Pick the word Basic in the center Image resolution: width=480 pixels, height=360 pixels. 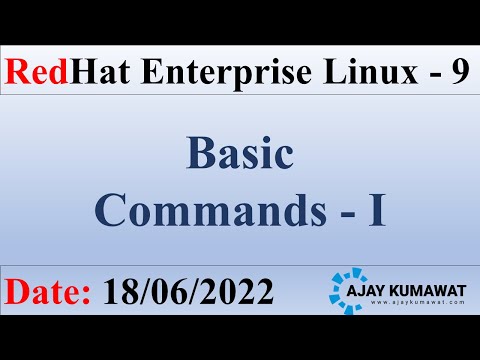(x=239, y=155)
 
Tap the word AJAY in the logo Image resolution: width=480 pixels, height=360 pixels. (x=392, y=286)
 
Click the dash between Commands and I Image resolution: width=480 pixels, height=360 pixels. (x=346, y=210)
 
